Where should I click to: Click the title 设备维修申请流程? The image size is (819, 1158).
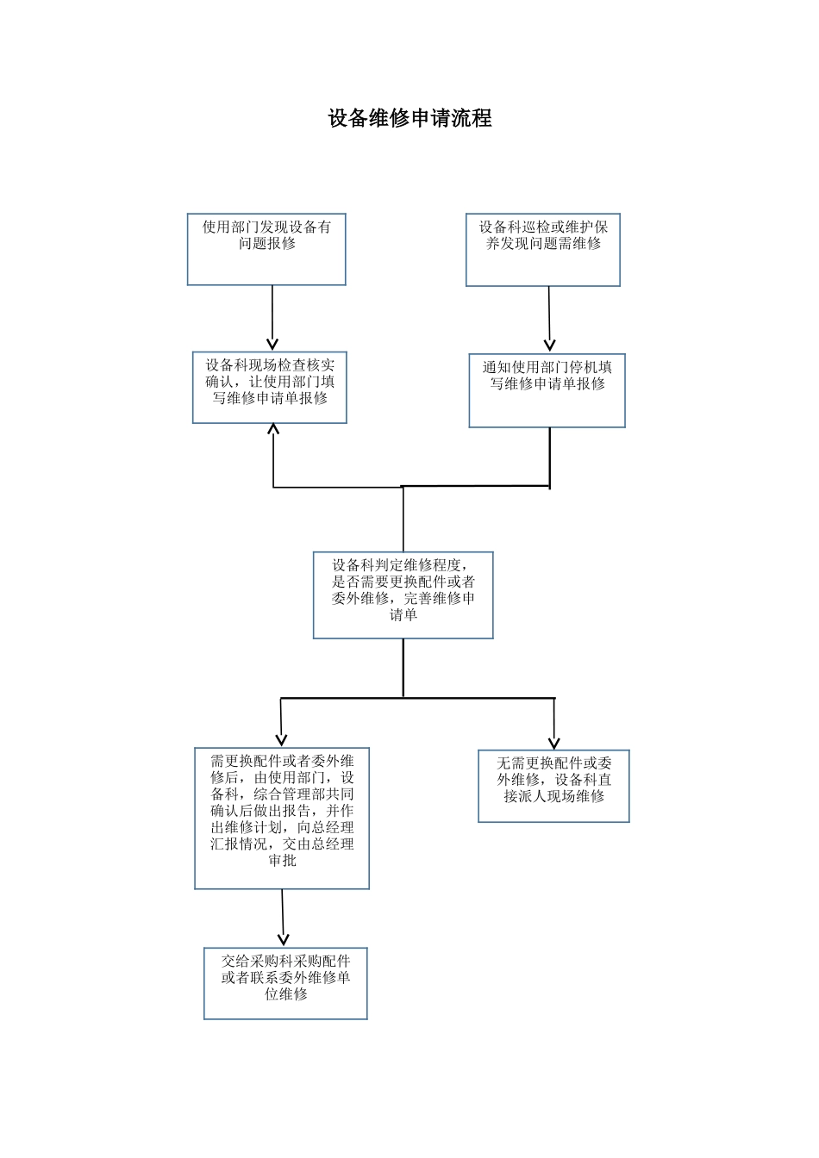(x=409, y=119)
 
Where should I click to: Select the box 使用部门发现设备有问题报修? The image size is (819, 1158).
(x=266, y=250)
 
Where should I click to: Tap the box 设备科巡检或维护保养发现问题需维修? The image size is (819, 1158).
(x=543, y=250)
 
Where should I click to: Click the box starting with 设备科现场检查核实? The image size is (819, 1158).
(x=269, y=388)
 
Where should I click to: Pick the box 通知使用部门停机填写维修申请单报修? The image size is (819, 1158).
(x=547, y=390)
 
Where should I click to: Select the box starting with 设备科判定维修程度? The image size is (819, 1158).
(x=403, y=595)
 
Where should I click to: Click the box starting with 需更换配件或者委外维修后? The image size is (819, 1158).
(x=282, y=818)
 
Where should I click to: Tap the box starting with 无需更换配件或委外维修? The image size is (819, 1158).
(x=553, y=786)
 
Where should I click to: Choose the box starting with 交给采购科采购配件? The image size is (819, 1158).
(x=285, y=983)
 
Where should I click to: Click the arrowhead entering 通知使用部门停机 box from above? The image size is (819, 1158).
(x=550, y=346)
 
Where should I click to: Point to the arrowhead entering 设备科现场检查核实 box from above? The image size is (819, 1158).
(x=272, y=344)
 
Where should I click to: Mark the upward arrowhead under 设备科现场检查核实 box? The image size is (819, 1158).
(x=273, y=429)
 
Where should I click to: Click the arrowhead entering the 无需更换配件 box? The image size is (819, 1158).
(x=554, y=743)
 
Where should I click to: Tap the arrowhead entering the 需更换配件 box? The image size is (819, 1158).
(x=281, y=739)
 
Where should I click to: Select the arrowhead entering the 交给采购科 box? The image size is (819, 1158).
(x=284, y=940)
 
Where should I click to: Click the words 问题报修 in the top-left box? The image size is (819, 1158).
(x=267, y=244)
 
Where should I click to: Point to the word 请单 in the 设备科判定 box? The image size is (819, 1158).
(x=403, y=615)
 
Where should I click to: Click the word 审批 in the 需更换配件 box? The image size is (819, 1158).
(x=282, y=861)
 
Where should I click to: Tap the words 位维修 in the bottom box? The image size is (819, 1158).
(x=285, y=994)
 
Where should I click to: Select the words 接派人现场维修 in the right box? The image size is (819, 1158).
(x=553, y=797)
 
